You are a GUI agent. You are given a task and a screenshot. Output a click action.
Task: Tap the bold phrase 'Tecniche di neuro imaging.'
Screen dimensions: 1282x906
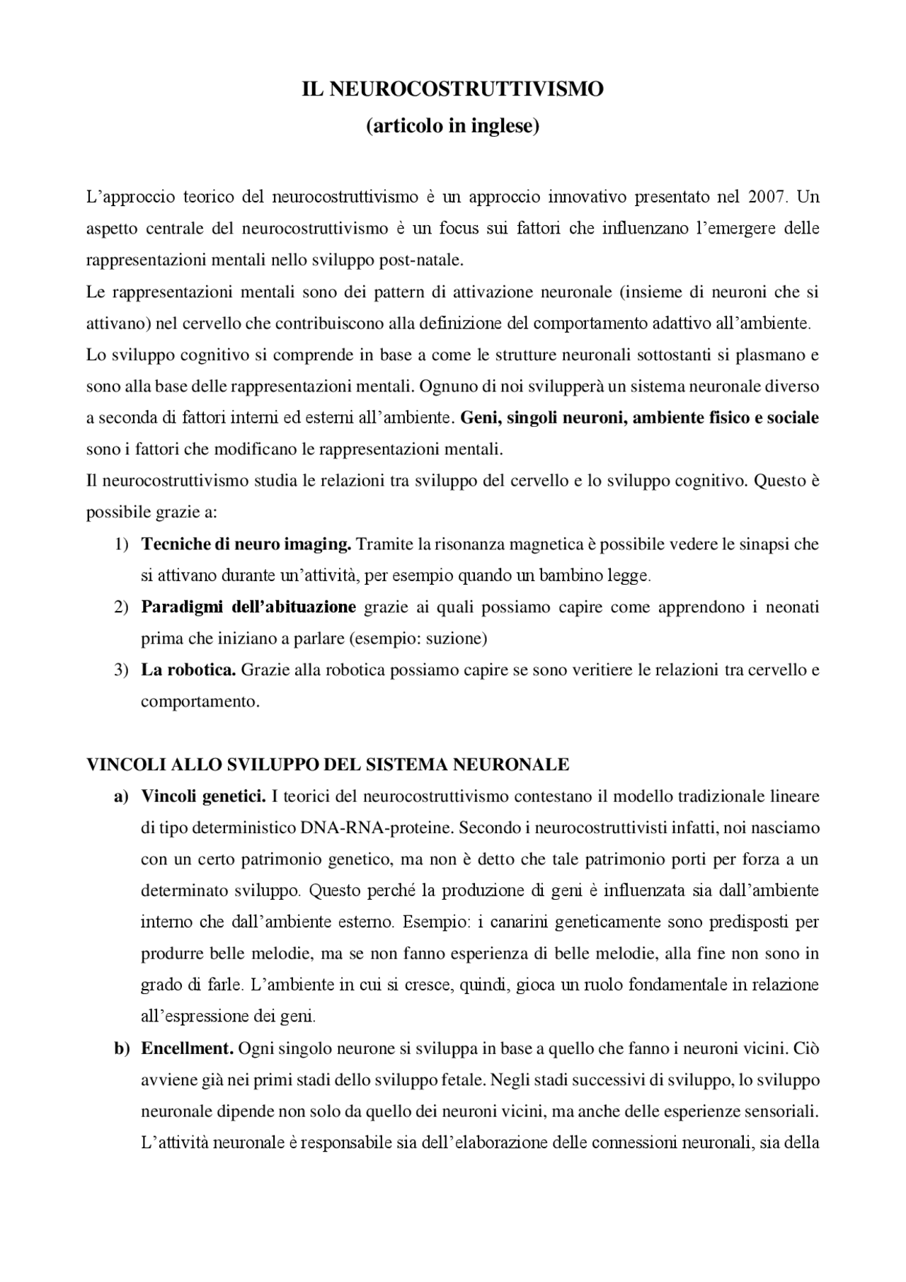point(246,544)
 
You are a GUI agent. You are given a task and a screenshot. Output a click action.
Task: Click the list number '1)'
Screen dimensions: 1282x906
point(121,544)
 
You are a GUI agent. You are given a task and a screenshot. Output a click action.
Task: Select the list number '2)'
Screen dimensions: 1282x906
point(121,607)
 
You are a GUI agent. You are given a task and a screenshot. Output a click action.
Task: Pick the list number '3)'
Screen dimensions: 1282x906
point(121,670)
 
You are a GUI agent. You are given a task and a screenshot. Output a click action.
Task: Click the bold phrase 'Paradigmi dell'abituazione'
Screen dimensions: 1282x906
point(248,607)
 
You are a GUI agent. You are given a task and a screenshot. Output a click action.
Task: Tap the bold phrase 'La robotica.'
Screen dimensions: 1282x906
point(188,670)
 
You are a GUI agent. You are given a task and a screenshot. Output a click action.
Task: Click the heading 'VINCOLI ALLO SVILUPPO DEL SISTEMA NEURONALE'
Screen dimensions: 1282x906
point(328,765)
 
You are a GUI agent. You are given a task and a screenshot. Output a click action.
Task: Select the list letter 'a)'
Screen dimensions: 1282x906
point(121,796)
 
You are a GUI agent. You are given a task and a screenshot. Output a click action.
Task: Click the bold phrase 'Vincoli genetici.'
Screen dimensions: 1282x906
point(203,796)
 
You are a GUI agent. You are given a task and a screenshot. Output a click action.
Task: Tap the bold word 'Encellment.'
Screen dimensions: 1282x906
point(188,1048)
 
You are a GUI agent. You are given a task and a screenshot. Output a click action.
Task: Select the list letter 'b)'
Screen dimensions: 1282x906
point(122,1048)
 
